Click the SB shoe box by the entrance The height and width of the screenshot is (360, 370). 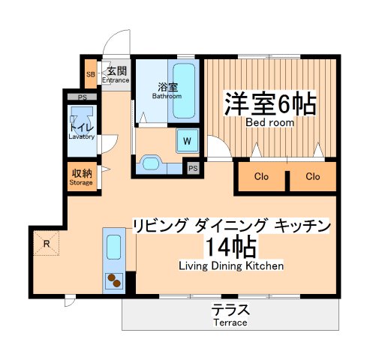89,75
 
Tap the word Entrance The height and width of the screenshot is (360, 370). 116,79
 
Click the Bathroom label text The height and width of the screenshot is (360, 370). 167,95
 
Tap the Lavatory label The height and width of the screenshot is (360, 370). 81,136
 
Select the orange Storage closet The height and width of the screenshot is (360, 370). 81,177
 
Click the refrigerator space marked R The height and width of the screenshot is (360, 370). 47,243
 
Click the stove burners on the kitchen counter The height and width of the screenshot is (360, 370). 115,280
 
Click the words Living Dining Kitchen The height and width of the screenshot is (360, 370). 230,265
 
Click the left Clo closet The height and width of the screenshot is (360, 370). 261,177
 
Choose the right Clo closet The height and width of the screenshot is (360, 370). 313,177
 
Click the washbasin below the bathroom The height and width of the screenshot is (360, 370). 152,163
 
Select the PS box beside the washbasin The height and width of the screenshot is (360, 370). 194,168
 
